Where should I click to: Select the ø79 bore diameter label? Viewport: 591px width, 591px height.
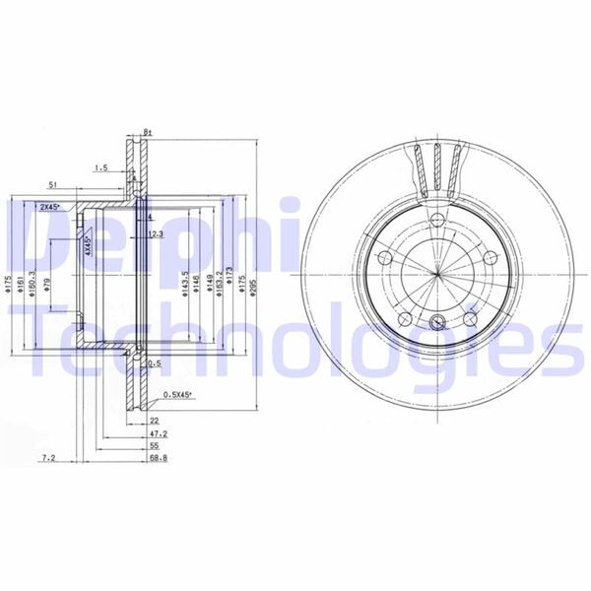(47, 286)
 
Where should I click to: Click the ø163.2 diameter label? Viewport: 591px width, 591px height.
(218, 281)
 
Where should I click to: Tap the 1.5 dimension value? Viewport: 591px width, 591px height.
(101, 168)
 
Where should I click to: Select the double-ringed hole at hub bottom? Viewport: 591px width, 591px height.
(436, 320)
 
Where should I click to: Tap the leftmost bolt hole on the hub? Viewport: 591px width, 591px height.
(385, 259)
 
